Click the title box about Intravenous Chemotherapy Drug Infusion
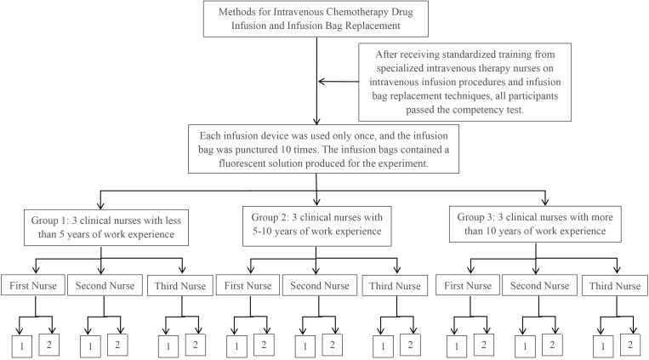tap(316, 19)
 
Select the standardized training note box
tap(464, 82)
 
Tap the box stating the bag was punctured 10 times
tap(324, 149)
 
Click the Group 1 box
tap(106, 227)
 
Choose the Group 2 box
tap(317, 226)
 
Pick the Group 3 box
tap(535, 224)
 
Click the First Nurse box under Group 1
tap(33, 285)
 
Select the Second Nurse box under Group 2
tap(320, 285)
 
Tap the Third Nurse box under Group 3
tap(615, 286)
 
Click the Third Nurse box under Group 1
tap(180, 286)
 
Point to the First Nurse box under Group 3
tap(468, 285)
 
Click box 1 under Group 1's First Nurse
tap(22, 346)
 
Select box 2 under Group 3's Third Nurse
tap(630, 345)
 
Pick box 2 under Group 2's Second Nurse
tap(332, 345)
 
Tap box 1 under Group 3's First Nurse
tap(457, 346)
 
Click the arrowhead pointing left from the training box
tap(322, 82)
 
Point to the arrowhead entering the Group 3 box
tap(545, 202)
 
